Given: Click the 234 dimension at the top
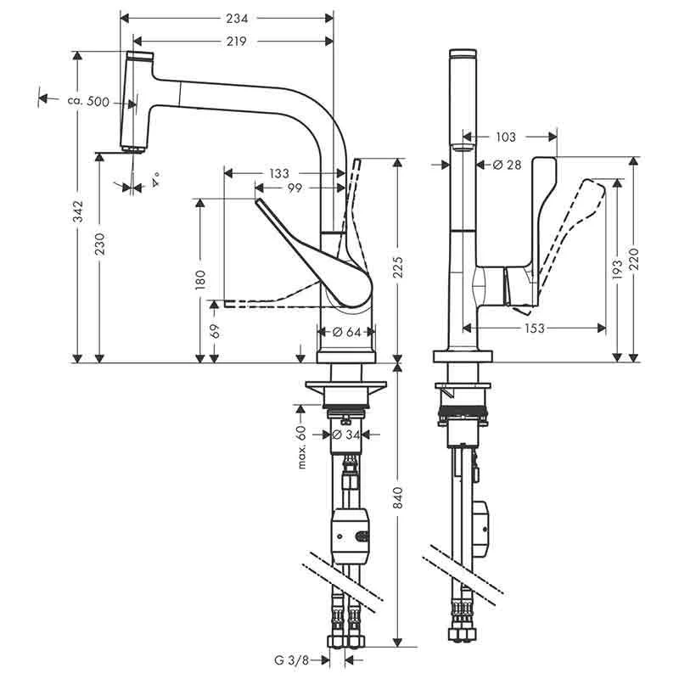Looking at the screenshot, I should point(226,16).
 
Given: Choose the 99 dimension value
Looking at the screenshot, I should point(296,187).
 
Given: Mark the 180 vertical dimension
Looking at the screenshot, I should point(200,281).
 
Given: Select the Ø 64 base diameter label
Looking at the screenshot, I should point(345,332).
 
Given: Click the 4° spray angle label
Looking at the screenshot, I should point(156,180).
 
